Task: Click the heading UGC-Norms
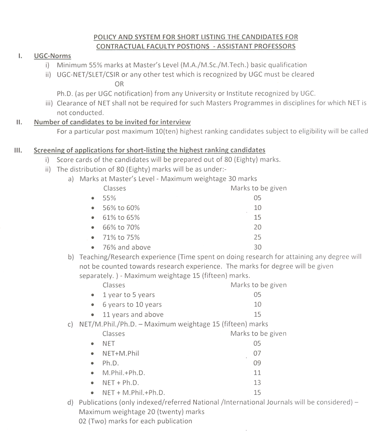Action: [52, 56]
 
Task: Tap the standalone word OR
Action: [119, 84]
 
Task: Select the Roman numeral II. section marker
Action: [19, 122]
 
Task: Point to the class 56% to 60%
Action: [121, 208]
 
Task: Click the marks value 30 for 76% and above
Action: [258, 247]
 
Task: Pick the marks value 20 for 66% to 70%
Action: [258, 227]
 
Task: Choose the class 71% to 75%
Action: [121, 237]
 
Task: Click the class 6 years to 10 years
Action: [132, 305]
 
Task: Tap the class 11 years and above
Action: [133, 315]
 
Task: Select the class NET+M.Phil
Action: [120, 353]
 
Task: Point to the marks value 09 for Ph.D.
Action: [257, 363]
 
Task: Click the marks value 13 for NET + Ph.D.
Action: [257, 382]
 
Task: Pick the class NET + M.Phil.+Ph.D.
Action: [133, 392]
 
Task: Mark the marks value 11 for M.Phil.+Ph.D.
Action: [257, 373]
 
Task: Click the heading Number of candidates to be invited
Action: [112, 122]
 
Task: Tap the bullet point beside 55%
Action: [92, 198]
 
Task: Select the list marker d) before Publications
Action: [71, 402]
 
